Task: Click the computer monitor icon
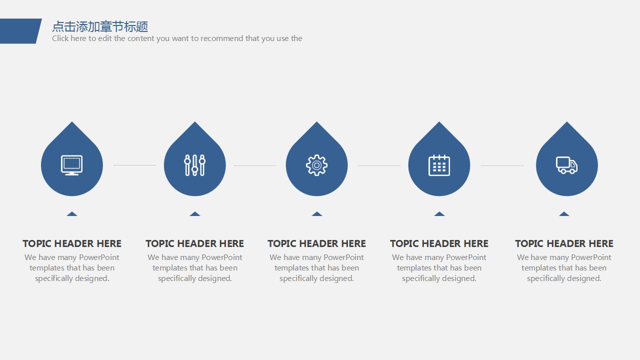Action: click(71, 165)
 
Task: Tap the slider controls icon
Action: click(195, 165)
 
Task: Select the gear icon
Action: click(316, 165)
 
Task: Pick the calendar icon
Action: click(439, 165)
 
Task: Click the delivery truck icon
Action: click(566, 165)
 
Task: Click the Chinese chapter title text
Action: click(100, 26)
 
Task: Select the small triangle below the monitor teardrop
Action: click(72, 214)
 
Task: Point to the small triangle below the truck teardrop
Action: click(564, 214)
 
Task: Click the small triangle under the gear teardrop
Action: click(317, 214)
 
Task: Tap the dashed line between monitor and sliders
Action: click(134, 165)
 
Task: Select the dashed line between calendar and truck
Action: click(502, 165)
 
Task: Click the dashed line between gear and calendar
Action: click(379, 165)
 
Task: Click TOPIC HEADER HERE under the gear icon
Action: click(316, 243)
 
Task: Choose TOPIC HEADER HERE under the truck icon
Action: click(564, 243)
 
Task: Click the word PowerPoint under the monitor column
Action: click(99, 257)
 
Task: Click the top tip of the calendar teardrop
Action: click(439, 121)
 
